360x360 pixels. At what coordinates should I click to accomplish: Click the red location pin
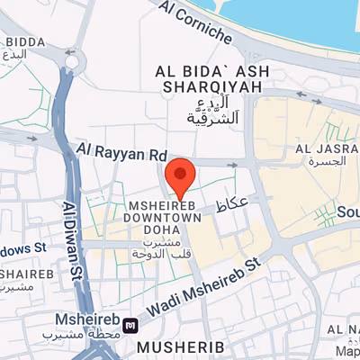(x=180, y=175)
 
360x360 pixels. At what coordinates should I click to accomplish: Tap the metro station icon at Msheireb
(x=132, y=324)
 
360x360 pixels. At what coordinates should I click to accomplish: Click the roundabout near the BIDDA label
(x=73, y=60)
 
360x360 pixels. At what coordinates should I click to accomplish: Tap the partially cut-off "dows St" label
(x=22, y=247)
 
